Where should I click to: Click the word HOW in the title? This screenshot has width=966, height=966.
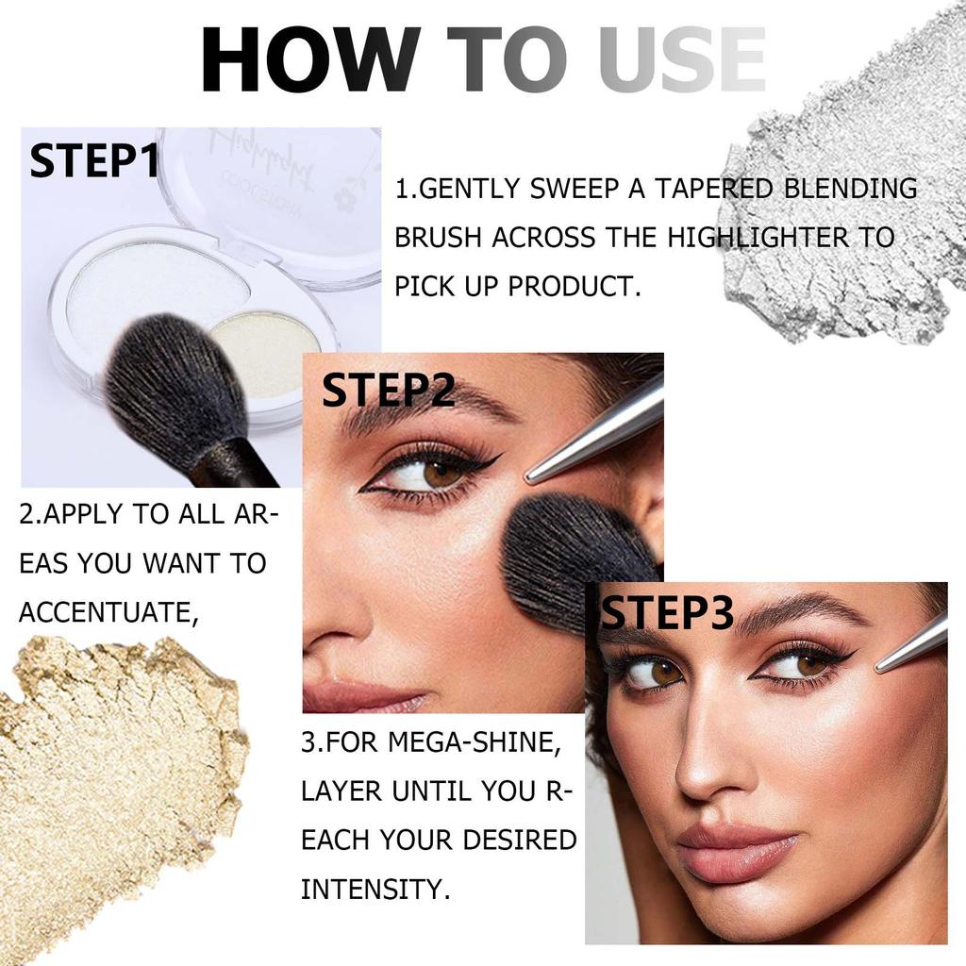point(309,59)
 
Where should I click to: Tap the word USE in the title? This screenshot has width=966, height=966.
point(681,59)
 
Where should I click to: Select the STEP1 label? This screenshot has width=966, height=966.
point(93,160)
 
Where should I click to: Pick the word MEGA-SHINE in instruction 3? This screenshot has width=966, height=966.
point(475,741)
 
